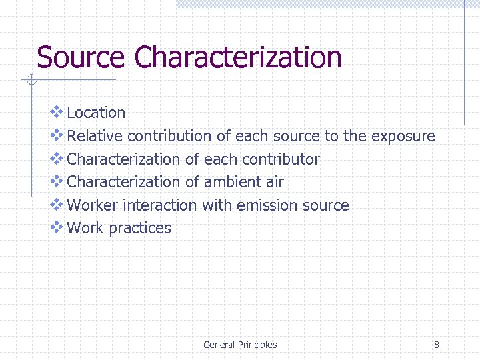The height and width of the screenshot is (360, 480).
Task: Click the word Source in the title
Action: [x=80, y=57]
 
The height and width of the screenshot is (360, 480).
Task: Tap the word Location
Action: [x=96, y=113]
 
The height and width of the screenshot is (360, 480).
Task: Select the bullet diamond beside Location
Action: [x=57, y=112]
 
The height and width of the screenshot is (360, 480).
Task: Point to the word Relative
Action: [x=95, y=136]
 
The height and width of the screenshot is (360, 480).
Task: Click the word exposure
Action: [x=403, y=137]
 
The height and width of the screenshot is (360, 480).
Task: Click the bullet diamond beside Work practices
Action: [x=57, y=227]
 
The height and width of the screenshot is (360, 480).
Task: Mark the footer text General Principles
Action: [x=240, y=345]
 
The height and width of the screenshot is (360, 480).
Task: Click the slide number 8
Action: [x=436, y=345]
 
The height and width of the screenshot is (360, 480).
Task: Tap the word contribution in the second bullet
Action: [x=169, y=136]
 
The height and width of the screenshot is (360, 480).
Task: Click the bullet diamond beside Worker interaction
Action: [x=57, y=204]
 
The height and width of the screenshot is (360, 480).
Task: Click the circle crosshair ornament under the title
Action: [x=29, y=81]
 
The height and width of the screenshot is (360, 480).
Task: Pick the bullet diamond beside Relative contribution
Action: [x=57, y=135]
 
